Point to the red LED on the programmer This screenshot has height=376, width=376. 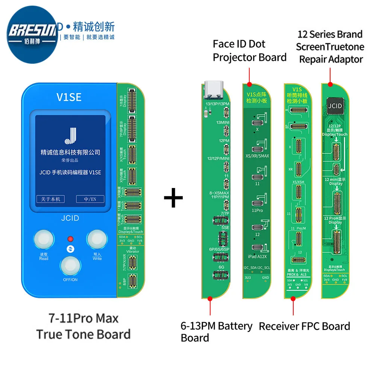[70, 239]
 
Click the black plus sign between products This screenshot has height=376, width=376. [173, 198]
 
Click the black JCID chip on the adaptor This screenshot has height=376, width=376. [335, 106]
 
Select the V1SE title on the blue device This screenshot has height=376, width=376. [70, 97]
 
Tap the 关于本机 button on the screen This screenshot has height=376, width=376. [50, 199]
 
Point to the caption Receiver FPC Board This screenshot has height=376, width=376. [304, 326]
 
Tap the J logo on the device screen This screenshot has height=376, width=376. [70, 135]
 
